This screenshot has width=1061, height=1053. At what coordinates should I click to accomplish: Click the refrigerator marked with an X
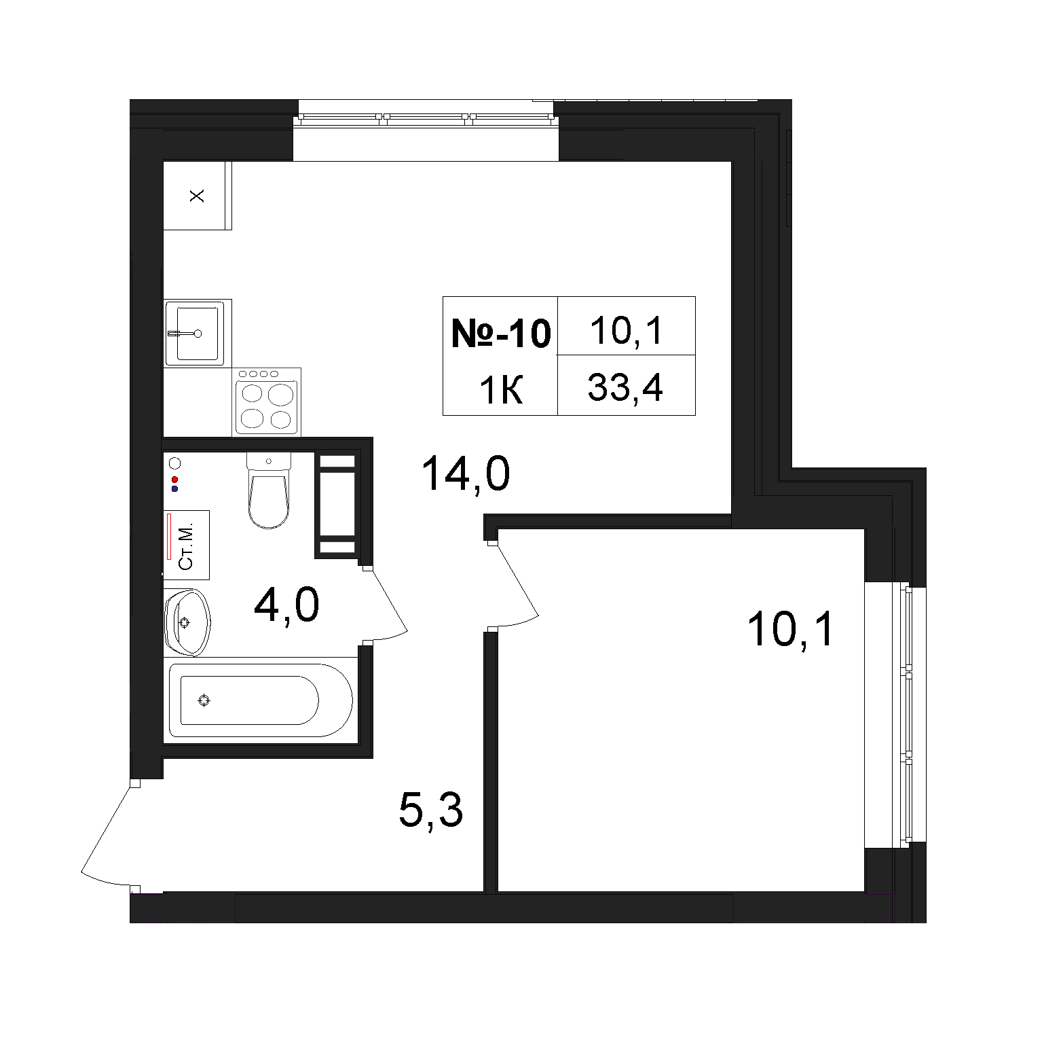pos(198,196)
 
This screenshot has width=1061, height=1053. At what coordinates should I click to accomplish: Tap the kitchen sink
pos(195,333)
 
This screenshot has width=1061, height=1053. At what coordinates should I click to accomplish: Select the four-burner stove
pos(267,401)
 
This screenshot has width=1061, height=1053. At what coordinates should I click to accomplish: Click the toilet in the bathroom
pos(268,490)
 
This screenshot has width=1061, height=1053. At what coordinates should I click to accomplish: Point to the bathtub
pos(261,700)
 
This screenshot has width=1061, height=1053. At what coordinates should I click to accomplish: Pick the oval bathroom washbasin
pos(187,622)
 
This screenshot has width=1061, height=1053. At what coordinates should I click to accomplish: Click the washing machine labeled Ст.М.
pos(186,545)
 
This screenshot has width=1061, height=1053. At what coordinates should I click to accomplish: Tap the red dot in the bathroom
pos(174,480)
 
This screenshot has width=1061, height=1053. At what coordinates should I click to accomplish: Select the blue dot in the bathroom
pos(174,488)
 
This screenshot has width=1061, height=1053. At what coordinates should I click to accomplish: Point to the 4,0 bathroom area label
pos(286,606)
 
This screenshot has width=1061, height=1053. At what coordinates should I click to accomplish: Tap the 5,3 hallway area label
pos(431,810)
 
